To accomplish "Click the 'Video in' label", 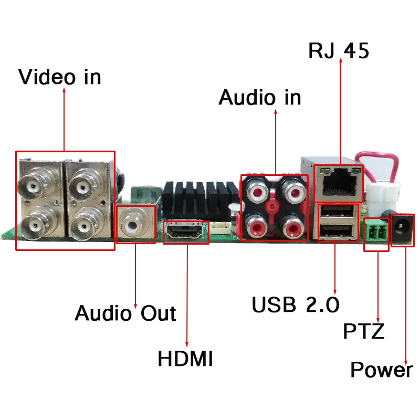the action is click(x=59, y=77).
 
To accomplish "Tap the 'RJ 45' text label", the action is click(x=339, y=50).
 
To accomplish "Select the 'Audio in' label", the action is click(x=260, y=97).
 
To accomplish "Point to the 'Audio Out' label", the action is click(x=125, y=313).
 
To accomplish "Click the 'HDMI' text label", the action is click(x=185, y=358).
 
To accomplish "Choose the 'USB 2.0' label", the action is click(x=296, y=304).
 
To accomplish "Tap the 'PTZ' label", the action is click(x=364, y=331).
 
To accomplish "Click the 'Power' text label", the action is click(x=382, y=370).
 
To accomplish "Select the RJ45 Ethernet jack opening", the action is click(x=339, y=182).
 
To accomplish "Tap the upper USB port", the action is click(x=338, y=212).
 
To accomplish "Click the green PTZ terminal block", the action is click(x=376, y=230).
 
